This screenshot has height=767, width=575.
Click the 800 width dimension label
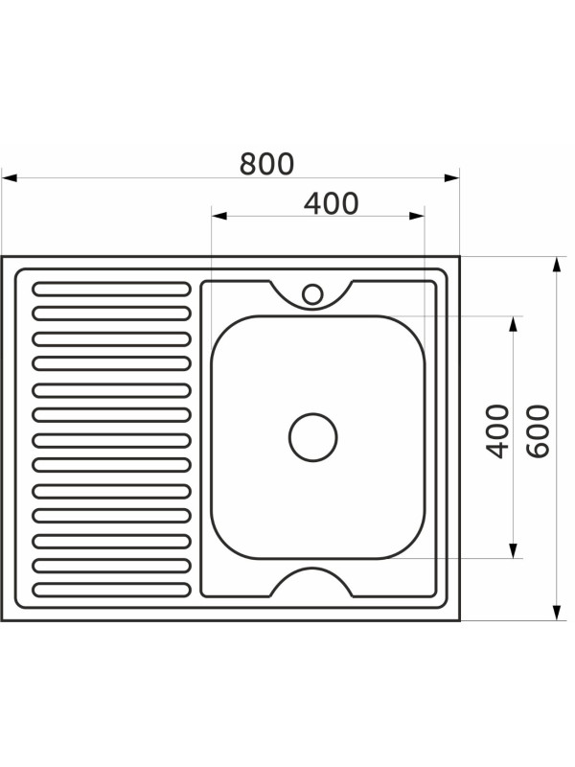click(267, 164)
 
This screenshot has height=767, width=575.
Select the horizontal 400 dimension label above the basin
click(331, 203)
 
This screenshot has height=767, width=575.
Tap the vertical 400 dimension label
click(497, 430)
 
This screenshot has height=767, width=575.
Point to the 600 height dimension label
click(539, 430)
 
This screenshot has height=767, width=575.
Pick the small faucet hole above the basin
click(312, 294)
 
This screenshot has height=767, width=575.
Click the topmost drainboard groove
click(111, 289)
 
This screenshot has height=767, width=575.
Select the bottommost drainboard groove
click(111, 590)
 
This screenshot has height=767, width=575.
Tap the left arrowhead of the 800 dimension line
click(10, 177)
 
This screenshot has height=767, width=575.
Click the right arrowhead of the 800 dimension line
click(451, 177)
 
